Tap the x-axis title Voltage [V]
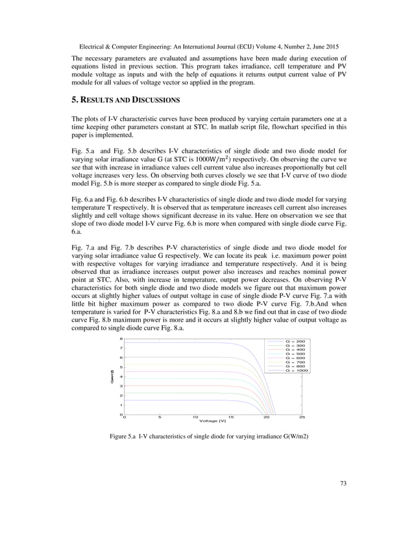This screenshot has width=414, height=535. (213, 422)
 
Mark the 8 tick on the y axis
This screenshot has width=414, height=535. (121, 339)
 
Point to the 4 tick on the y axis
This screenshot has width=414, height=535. (121, 376)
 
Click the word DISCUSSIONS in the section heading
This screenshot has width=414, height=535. (147, 101)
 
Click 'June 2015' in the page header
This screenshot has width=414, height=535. (325, 47)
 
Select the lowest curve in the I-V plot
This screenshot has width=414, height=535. (195, 400)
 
